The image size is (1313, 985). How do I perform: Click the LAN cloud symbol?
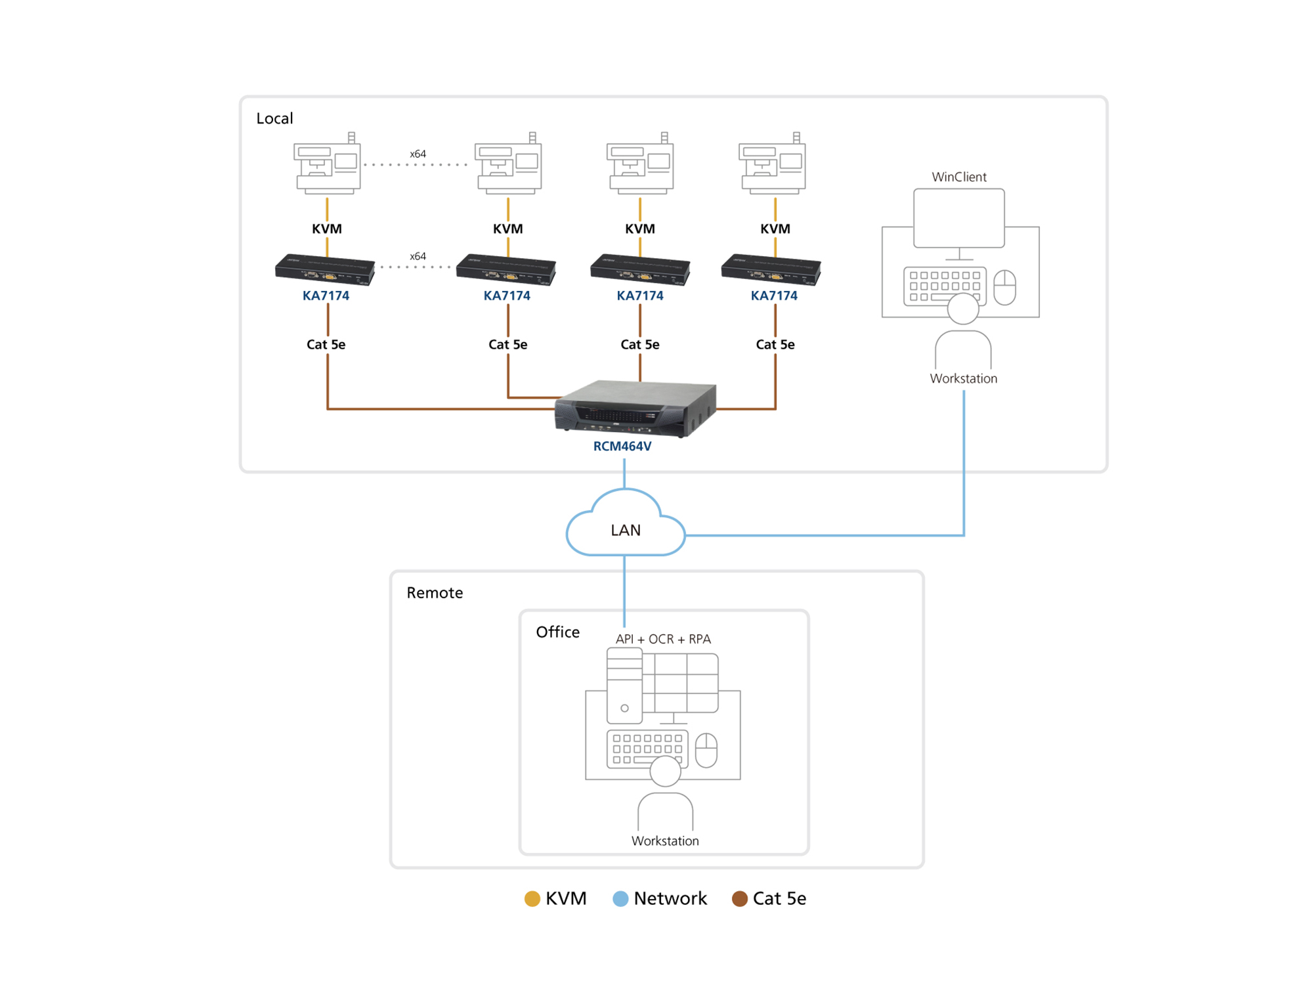[625, 525]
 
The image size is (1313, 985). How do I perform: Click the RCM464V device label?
[622, 447]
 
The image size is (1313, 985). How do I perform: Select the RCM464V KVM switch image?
[635, 408]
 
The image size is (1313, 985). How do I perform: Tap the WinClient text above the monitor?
[958, 177]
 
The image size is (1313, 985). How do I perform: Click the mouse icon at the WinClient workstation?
[1004, 288]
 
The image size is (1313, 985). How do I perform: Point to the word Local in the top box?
[274, 119]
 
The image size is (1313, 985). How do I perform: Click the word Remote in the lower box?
[435, 593]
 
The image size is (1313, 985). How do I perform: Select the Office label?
[557, 632]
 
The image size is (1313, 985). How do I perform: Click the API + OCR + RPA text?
[663, 640]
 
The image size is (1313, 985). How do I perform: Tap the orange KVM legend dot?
[532, 899]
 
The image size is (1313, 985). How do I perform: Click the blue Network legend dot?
[620, 899]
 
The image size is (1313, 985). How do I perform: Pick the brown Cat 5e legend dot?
[740, 899]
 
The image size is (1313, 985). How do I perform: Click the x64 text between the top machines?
[418, 154]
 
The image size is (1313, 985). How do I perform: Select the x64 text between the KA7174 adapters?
[418, 257]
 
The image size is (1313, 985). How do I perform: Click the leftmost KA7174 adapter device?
[325, 269]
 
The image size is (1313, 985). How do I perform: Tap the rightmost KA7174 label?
[774, 296]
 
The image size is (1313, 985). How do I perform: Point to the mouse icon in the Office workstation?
[706, 750]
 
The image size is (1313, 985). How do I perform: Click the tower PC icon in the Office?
[624, 686]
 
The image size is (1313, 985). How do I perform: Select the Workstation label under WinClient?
[963, 379]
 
